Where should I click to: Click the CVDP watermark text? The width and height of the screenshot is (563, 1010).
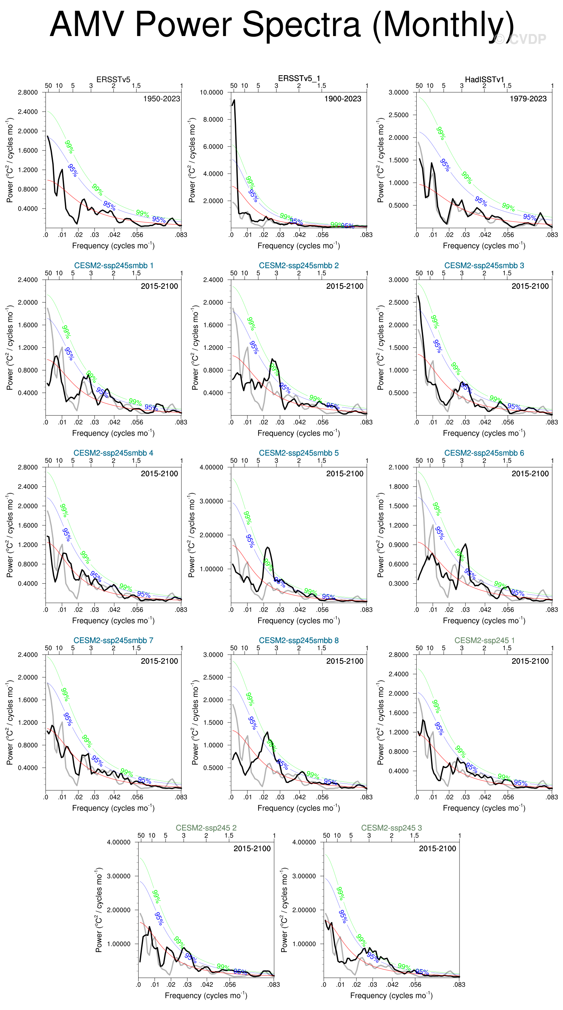point(521,39)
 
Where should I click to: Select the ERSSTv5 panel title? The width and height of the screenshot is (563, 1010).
point(113,80)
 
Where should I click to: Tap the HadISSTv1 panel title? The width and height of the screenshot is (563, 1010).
point(484,80)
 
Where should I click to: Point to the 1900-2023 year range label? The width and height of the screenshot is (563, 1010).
point(343,99)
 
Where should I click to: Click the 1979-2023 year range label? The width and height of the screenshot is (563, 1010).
point(528,99)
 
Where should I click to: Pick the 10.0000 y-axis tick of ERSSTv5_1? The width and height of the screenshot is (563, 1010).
point(211,93)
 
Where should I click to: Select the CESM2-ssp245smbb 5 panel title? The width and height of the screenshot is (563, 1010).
point(299,453)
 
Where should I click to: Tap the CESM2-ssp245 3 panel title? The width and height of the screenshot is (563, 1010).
point(391,828)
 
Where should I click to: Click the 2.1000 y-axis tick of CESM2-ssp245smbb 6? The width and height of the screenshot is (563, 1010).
point(398,467)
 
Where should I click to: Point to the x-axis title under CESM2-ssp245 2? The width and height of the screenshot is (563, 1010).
point(206,996)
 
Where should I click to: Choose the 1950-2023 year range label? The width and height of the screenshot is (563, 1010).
point(161,99)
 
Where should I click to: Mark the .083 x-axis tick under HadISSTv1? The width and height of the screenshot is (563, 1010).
point(552,235)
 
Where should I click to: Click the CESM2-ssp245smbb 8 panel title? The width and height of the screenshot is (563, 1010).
point(299,640)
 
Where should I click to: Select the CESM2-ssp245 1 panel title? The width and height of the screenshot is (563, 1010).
point(484,640)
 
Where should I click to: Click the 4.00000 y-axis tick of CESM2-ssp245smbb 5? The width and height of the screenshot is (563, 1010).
point(211,467)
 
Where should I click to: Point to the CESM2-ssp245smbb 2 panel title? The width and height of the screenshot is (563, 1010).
point(299,266)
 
